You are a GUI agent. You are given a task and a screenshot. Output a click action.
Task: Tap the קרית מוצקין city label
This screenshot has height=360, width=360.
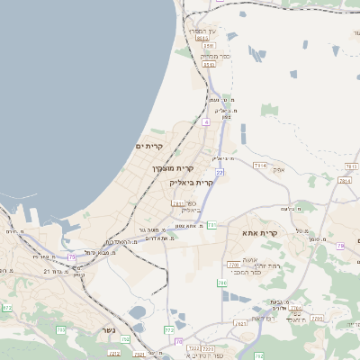point(173,167)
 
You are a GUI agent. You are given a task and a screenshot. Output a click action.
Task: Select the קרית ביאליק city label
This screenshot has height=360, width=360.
point(192,182)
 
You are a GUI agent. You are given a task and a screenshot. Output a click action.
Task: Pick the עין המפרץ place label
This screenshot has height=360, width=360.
point(200,30)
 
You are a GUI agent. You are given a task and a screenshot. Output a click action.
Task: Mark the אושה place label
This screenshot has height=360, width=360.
point(250,258)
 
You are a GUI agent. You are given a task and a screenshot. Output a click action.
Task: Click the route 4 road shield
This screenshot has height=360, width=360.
point(206,121)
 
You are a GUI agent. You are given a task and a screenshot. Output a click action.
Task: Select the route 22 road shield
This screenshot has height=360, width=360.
point(220,171)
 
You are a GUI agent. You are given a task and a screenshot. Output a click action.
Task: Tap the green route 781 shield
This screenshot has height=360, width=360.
point(211,225)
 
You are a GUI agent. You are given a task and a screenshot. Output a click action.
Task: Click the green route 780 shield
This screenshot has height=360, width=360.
point(222,283)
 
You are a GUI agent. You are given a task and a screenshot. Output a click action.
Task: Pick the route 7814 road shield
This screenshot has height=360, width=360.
point(260,165)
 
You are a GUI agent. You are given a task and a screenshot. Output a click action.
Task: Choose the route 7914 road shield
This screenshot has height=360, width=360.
point(344,180)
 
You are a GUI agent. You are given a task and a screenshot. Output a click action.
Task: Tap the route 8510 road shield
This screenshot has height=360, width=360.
point(209,64)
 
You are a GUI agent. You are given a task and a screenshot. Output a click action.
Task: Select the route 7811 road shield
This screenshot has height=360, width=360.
point(178,204)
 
